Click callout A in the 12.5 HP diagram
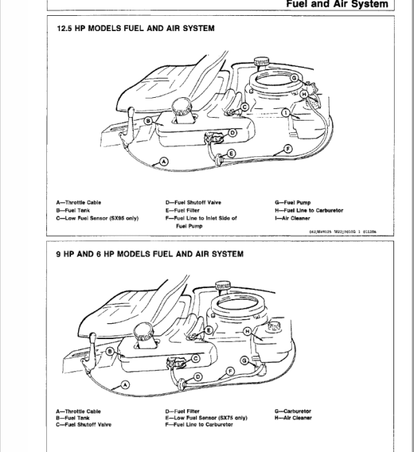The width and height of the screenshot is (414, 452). click(x=164, y=161)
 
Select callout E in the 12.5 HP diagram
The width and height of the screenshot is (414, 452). click(x=231, y=152)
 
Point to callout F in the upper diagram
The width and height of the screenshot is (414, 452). click(x=286, y=147)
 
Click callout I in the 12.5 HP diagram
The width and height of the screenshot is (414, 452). click(x=285, y=112)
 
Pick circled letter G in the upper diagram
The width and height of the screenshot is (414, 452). click(x=294, y=79)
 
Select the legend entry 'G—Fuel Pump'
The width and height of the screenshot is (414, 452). click(x=293, y=203)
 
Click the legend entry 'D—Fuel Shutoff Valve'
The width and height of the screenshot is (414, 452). click(x=193, y=203)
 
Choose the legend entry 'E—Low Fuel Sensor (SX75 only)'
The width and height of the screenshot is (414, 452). click(x=207, y=418)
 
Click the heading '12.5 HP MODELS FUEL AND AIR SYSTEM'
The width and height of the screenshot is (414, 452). click(x=135, y=29)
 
